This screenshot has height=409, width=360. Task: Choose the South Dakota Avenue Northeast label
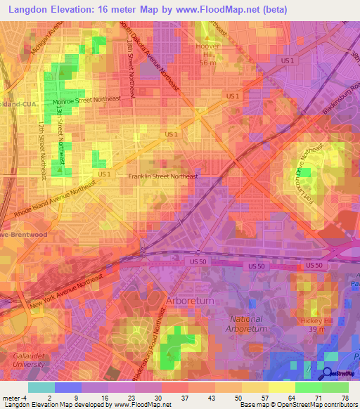pos(149,53)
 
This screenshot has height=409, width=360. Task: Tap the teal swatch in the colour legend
pos(41,387)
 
